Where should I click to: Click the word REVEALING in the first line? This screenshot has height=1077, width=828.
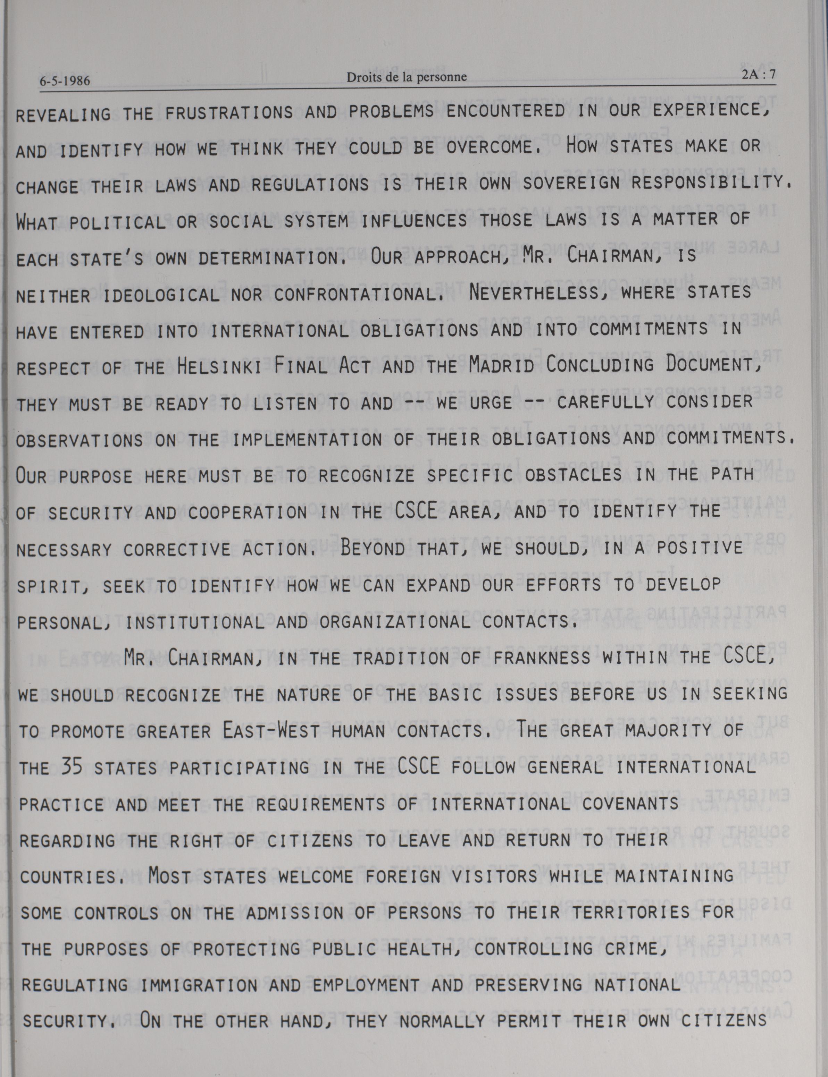64,115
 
